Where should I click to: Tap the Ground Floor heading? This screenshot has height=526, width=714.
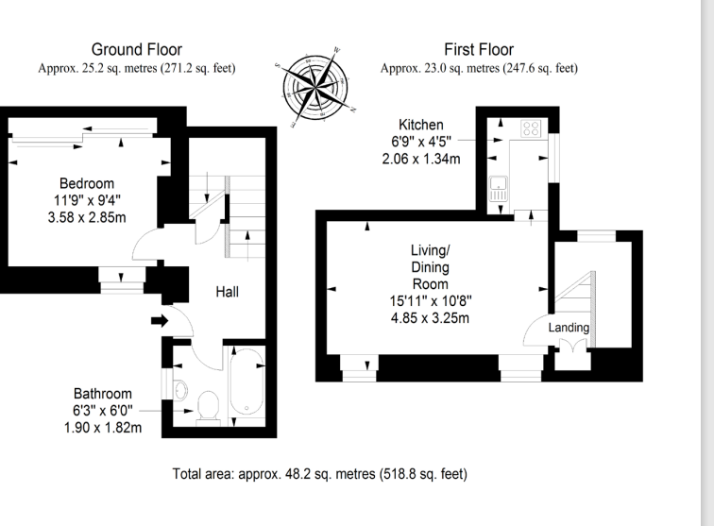137,49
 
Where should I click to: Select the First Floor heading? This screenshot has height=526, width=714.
478,49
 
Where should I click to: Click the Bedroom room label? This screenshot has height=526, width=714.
87,183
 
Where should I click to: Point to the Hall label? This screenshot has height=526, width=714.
226,292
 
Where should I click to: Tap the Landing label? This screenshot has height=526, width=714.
569,328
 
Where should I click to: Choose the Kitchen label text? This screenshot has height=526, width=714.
421,125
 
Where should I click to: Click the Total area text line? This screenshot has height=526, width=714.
320,473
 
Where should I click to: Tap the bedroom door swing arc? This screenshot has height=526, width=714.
148,246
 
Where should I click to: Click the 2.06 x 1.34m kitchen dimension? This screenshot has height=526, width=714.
421,160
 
